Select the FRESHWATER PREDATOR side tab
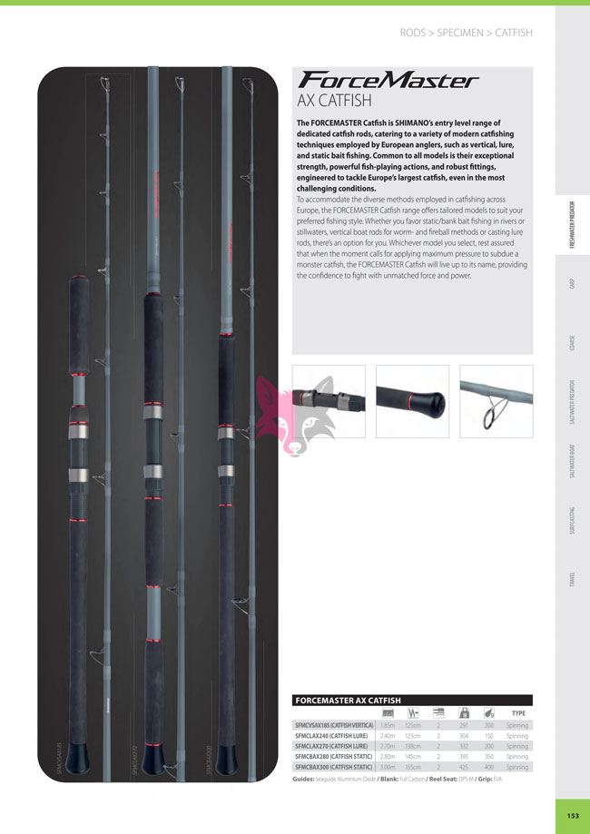pos(573,223)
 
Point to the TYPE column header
pos(518,713)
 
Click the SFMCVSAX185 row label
pos(330,725)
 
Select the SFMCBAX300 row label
pos(330,768)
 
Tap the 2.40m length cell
pos(388,736)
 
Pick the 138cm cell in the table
pos(413,746)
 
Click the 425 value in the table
pos(465,768)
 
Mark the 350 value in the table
pos(489,757)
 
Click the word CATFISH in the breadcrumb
pos(513,33)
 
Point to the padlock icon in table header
pos(465,713)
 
